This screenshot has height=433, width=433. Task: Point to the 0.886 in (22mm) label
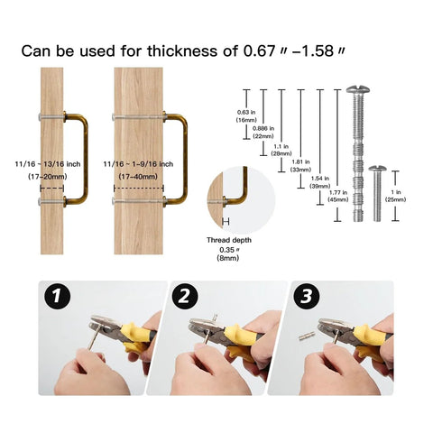coord(263,134)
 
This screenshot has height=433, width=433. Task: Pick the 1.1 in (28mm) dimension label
coord(281,151)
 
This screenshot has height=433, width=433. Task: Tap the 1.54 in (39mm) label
coord(319,182)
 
